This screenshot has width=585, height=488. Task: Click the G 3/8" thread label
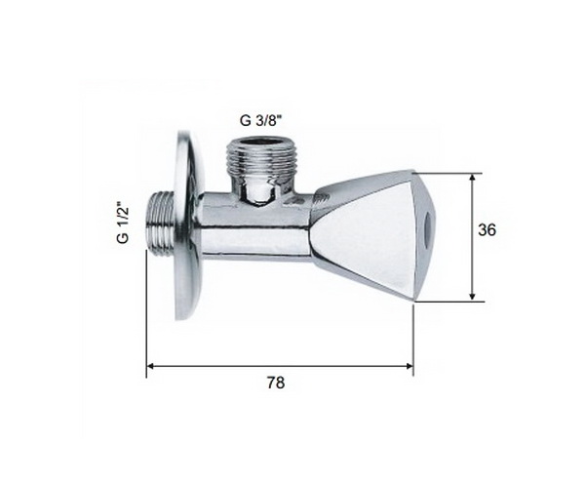point(259,121)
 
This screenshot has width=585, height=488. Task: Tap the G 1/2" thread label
point(123,223)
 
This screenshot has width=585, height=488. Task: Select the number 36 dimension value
point(487,230)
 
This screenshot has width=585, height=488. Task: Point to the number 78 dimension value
point(276,383)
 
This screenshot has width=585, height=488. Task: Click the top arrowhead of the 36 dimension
point(472,178)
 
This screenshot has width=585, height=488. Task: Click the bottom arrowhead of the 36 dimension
point(472,296)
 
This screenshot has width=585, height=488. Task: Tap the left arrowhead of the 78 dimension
point(151,366)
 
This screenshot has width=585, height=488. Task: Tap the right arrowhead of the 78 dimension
point(409,366)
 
